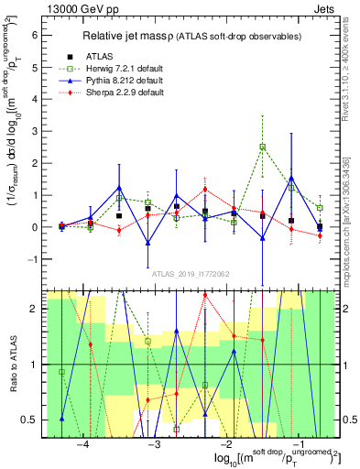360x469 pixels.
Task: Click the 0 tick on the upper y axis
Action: tap(36, 226)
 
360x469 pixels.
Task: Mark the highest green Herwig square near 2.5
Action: tap(263, 147)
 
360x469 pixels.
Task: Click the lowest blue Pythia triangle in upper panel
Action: tap(147, 243)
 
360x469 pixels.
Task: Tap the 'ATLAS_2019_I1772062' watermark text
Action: tap(191, 273)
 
